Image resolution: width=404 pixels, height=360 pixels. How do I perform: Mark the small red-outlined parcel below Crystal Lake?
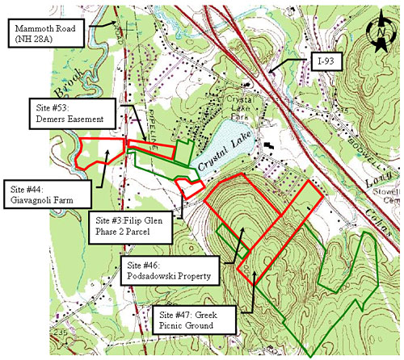pos(189,187)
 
